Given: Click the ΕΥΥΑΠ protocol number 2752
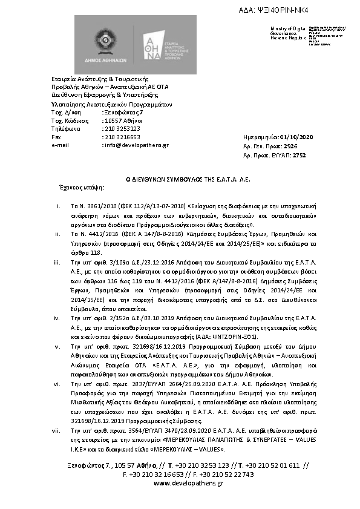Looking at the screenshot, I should pyautogui.click(x=299, y=155).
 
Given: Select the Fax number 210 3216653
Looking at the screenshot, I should pyautogui.click(x=122, y=137).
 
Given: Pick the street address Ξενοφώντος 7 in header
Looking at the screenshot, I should pyautogui.click(x=124, y=113).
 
